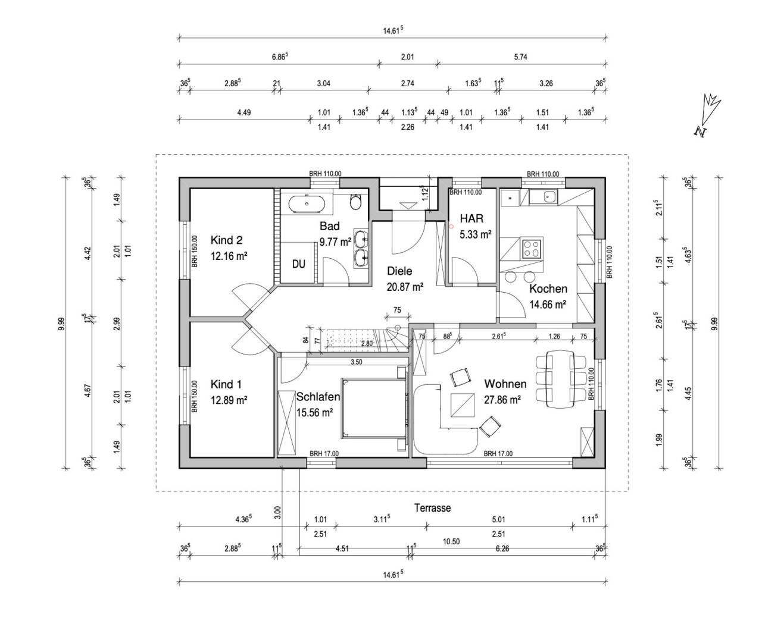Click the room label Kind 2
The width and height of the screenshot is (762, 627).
pos(226,240)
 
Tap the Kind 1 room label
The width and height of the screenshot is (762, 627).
pos(226,384)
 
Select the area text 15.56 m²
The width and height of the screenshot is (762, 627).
pos(314,411)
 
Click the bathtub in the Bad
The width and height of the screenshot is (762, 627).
pos(307,205)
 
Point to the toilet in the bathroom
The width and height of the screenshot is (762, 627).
pos(356,202)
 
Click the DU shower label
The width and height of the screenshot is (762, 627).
pos(298,264)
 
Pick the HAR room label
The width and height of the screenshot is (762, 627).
pos(471,218)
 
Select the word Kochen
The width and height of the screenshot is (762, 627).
pos(548,289)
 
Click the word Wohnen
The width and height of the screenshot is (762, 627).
pos(505,384)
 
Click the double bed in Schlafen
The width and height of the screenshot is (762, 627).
pos(374,407)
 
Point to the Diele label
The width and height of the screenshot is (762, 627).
pos(399,271)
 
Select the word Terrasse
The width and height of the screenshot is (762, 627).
pos(433,508)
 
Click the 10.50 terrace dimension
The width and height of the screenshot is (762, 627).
pos(452,541)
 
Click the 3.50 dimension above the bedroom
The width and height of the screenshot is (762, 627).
pos(357,362)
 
